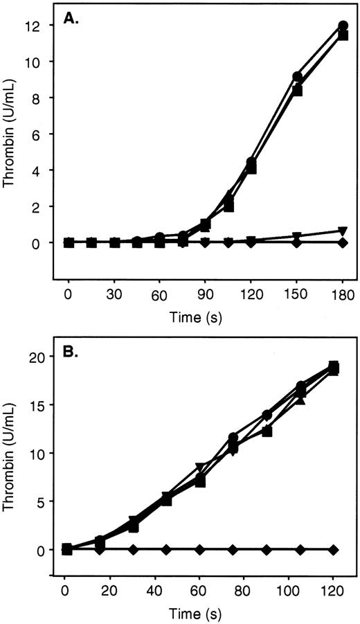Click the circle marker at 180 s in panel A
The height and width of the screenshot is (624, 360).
click(x=342, y=26)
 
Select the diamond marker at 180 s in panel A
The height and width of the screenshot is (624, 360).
click(x=342, y=242)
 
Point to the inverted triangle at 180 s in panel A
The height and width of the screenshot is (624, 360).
click(x=342, y=231)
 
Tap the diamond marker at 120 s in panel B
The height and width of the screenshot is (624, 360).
click(x=333, y=549)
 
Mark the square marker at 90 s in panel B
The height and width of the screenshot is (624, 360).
click(x=267, y=431)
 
